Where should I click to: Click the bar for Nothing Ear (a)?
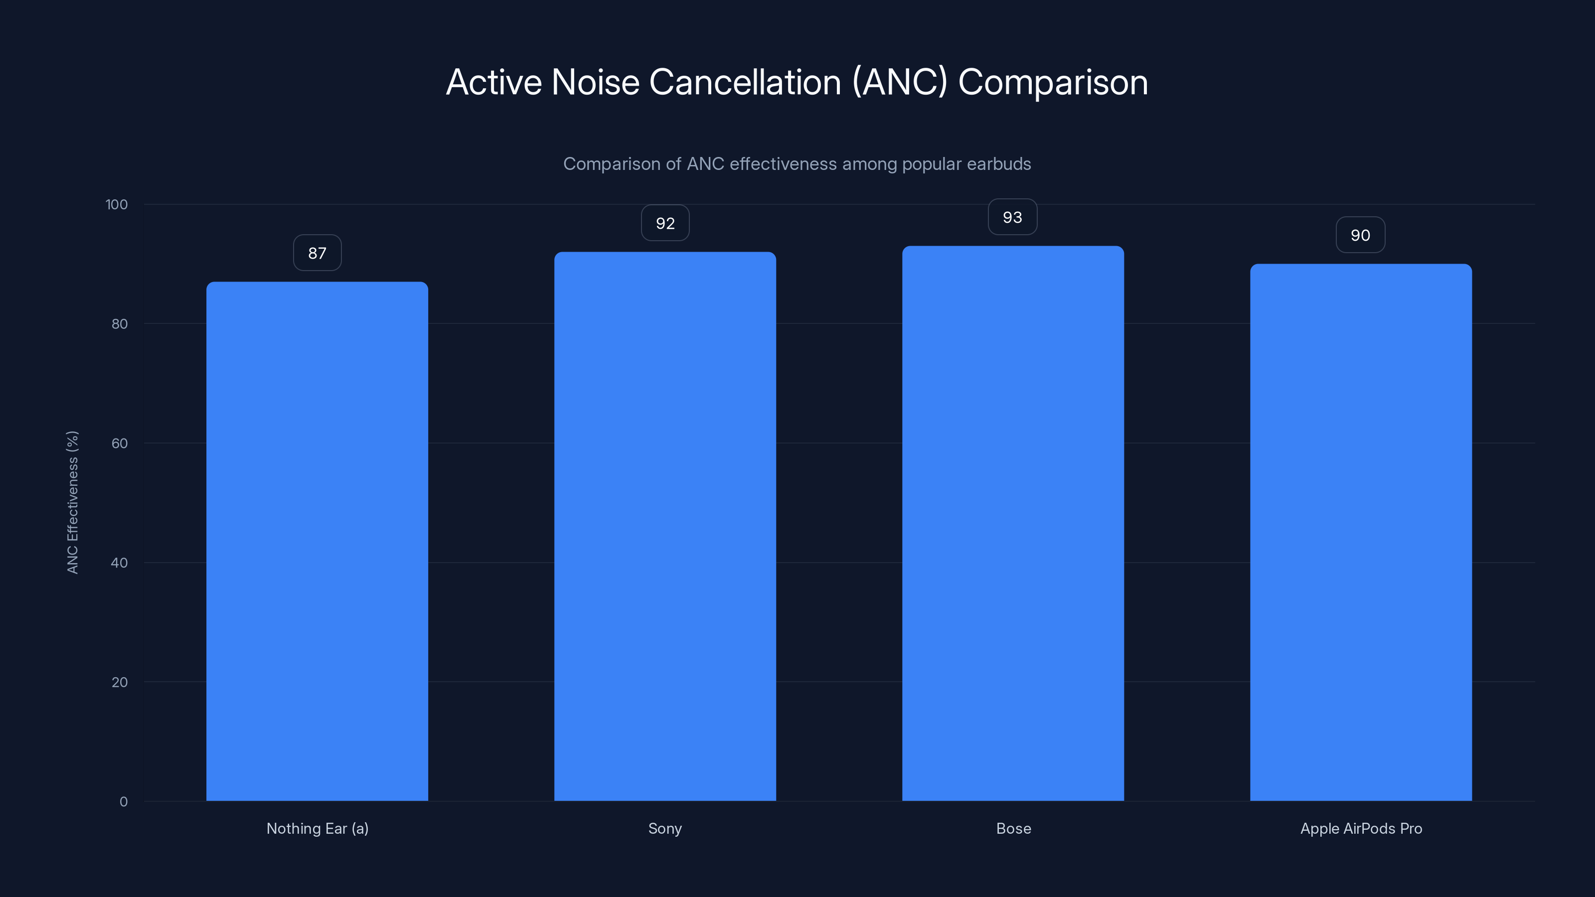(x=317, y=542)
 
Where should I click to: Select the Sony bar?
(x=665, y=526)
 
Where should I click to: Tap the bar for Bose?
(x=1013, y=523)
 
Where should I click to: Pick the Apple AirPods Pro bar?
(x=1361, y=532)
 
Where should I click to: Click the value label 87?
(x=317, y=253)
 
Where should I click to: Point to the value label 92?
(x=665, y=223)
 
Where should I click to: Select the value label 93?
(x=1012, y=217)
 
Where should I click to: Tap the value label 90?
(x=1360, y=235)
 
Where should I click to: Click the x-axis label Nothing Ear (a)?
(x=317, y=828)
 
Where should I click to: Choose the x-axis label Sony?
(x=665, y=828)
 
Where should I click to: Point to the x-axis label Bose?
(x=1014, y=828)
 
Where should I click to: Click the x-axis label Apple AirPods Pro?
(x=1361, y=828)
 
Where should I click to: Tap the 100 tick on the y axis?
(x=117, y=204)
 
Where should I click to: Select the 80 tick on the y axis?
(x=120, y=324)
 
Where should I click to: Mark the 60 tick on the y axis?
(x=120, y=443)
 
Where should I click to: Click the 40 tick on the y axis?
(x=120, y=563)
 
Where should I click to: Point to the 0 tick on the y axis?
(x=123, y=802)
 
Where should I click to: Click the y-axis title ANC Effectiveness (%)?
(x=72, y=502)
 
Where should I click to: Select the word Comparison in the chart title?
(x=1053, y=82)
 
